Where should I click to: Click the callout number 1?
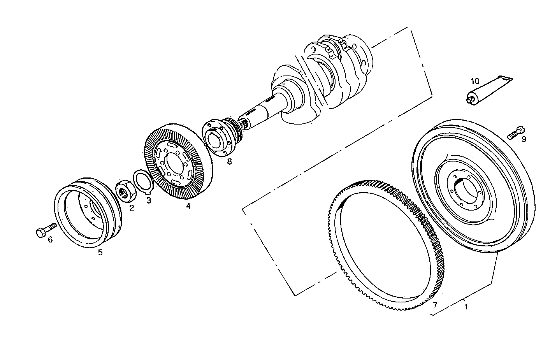(466, 307)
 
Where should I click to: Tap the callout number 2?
(132, 208)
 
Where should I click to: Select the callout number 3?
(149, 200)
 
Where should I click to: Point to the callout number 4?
(188, 206)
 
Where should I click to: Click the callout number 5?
(100, 252)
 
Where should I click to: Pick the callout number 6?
(50, 240)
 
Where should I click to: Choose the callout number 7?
(435, 304)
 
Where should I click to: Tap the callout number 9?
(524, 139)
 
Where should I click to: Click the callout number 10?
(475, 81)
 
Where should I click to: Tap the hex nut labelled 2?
(126, 191)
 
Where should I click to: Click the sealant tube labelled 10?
(488, 89)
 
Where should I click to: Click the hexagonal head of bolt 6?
(40, 233)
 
